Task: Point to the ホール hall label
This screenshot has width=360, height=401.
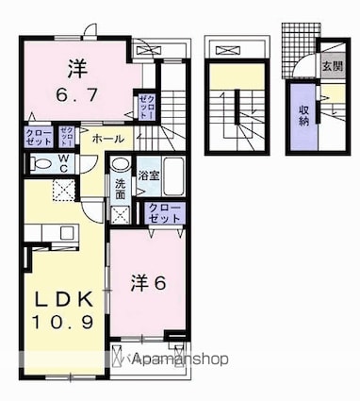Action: pos(106,138)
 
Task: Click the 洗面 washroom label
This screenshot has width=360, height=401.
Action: pos(120,187)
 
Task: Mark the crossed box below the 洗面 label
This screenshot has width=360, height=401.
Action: pos(122,211)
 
